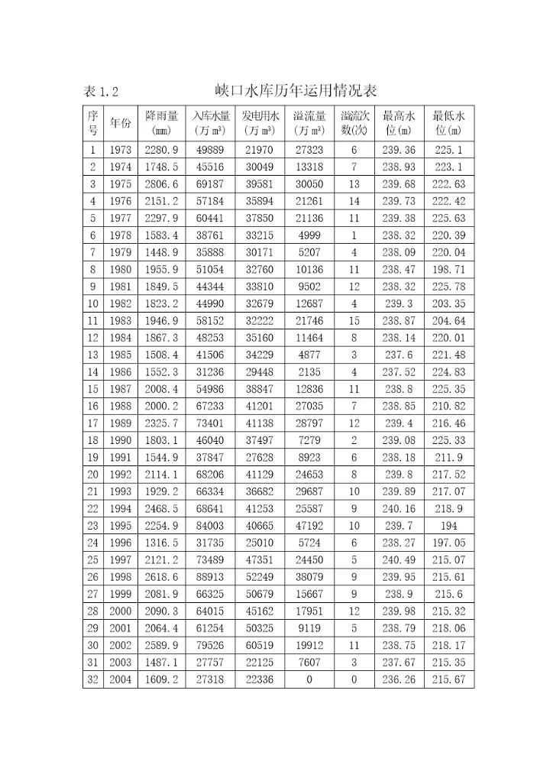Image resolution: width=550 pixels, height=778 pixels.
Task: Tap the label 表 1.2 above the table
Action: [101, 92]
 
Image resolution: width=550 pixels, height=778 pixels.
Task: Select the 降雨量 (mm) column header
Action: [161, 122]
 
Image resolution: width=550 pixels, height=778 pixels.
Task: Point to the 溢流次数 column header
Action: [354, 122]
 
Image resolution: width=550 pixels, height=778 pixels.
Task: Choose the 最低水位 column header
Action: [448, 122]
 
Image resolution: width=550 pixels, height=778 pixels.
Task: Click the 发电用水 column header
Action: [260, 122]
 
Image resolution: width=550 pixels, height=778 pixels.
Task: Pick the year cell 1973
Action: [120, 151]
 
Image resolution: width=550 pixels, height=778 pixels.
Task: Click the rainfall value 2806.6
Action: [161, 184]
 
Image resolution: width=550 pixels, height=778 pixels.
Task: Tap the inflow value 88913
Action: [210, 577]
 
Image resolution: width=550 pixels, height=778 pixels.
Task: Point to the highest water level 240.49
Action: [400, 560]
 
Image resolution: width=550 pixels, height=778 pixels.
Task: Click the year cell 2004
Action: [120, 679]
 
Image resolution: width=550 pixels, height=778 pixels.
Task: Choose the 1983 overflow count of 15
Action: [354, 321]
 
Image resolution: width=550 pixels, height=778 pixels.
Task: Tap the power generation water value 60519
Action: [260, 646]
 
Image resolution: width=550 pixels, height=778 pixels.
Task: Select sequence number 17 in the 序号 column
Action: [93, 423]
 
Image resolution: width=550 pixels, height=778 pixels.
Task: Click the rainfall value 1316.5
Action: [161, 543]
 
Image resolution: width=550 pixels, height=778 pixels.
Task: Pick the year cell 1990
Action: [120, 441]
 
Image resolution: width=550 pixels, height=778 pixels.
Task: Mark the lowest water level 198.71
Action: [448, 270]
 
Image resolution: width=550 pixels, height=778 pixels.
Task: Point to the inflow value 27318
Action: [210, 679]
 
